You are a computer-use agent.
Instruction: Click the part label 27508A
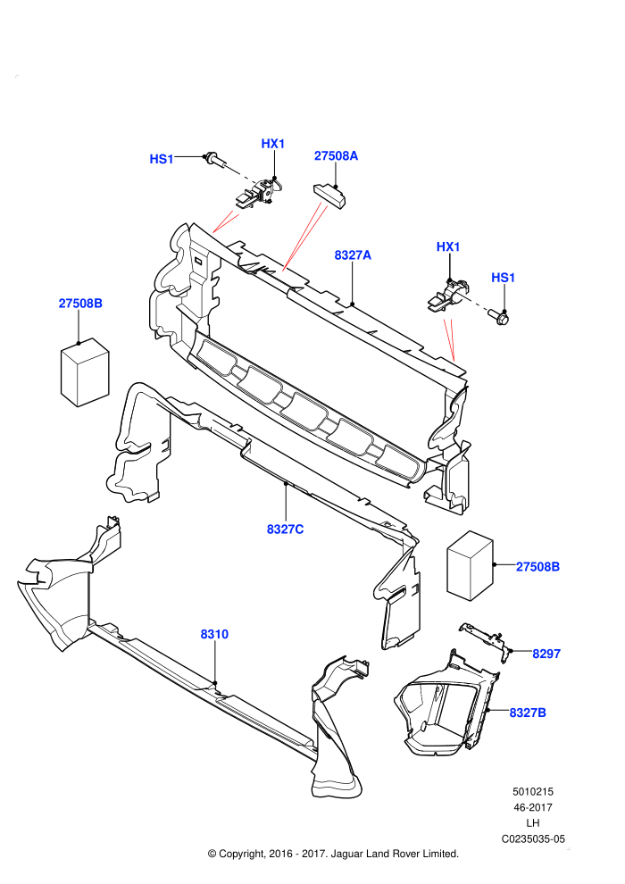click(336, 155)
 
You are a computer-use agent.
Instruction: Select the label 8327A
click(353, 255)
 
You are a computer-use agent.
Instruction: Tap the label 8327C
click(285, 530)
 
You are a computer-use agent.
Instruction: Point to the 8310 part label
click(214, 634)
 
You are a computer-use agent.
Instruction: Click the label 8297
click(546, 654)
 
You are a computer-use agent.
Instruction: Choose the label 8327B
click(528, 713)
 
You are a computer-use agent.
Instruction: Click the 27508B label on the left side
click(80, 304)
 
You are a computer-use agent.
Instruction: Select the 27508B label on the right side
click(538, 567)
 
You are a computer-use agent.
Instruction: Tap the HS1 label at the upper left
click(162, 160)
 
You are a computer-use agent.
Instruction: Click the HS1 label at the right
click(504, 278)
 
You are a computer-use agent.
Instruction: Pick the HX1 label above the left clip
click(273, 144)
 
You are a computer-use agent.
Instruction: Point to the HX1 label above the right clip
click(448, 247)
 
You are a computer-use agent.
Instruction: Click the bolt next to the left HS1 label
click(215, 161)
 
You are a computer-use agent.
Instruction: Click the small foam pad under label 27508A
click(329, 194)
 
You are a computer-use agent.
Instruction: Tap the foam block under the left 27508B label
click(85, 372)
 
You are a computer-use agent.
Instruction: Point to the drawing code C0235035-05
click(533, 838)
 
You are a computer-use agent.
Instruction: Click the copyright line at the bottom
click(334, 854)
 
